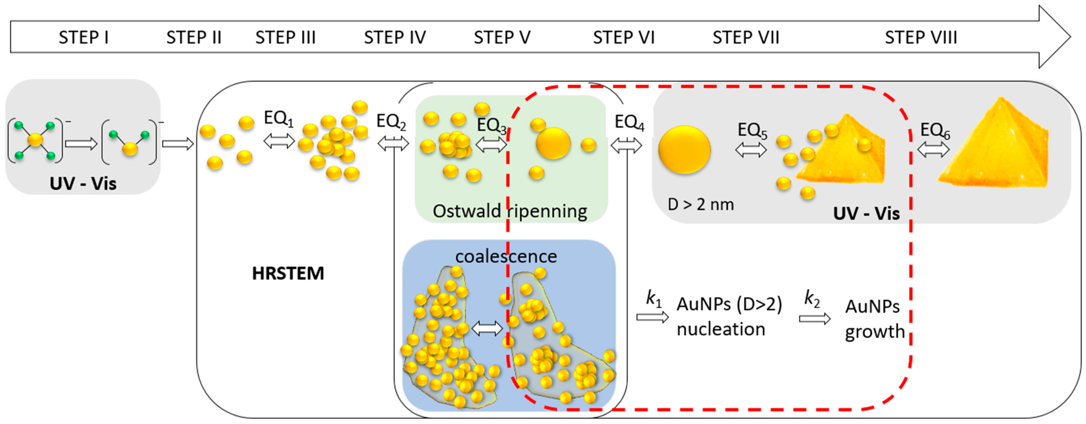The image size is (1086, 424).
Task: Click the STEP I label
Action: [x=83, y=38]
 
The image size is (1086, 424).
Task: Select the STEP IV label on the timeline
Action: [x=395, y=38]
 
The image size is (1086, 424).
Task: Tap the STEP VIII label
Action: [x=921, y=38]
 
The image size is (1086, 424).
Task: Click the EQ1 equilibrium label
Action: [x=278, y=118]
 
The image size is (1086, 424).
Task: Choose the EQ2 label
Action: [x=391, y=122]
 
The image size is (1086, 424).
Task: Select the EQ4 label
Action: [x=629, y=123]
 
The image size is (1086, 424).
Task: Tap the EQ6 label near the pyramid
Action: [x=935, y=131]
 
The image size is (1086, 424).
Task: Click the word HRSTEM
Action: [x=288, y=273]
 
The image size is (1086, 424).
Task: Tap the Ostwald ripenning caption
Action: [x=510, y=211]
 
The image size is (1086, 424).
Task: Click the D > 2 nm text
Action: [x=701, y=205]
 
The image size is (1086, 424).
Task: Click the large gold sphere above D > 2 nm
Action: [x=684, y=150]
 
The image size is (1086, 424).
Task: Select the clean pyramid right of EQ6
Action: [x=995, y=145]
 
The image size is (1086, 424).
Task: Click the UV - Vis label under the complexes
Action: [x=83, y=184]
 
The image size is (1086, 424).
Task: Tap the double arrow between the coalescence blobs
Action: [x=487, y=328]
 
